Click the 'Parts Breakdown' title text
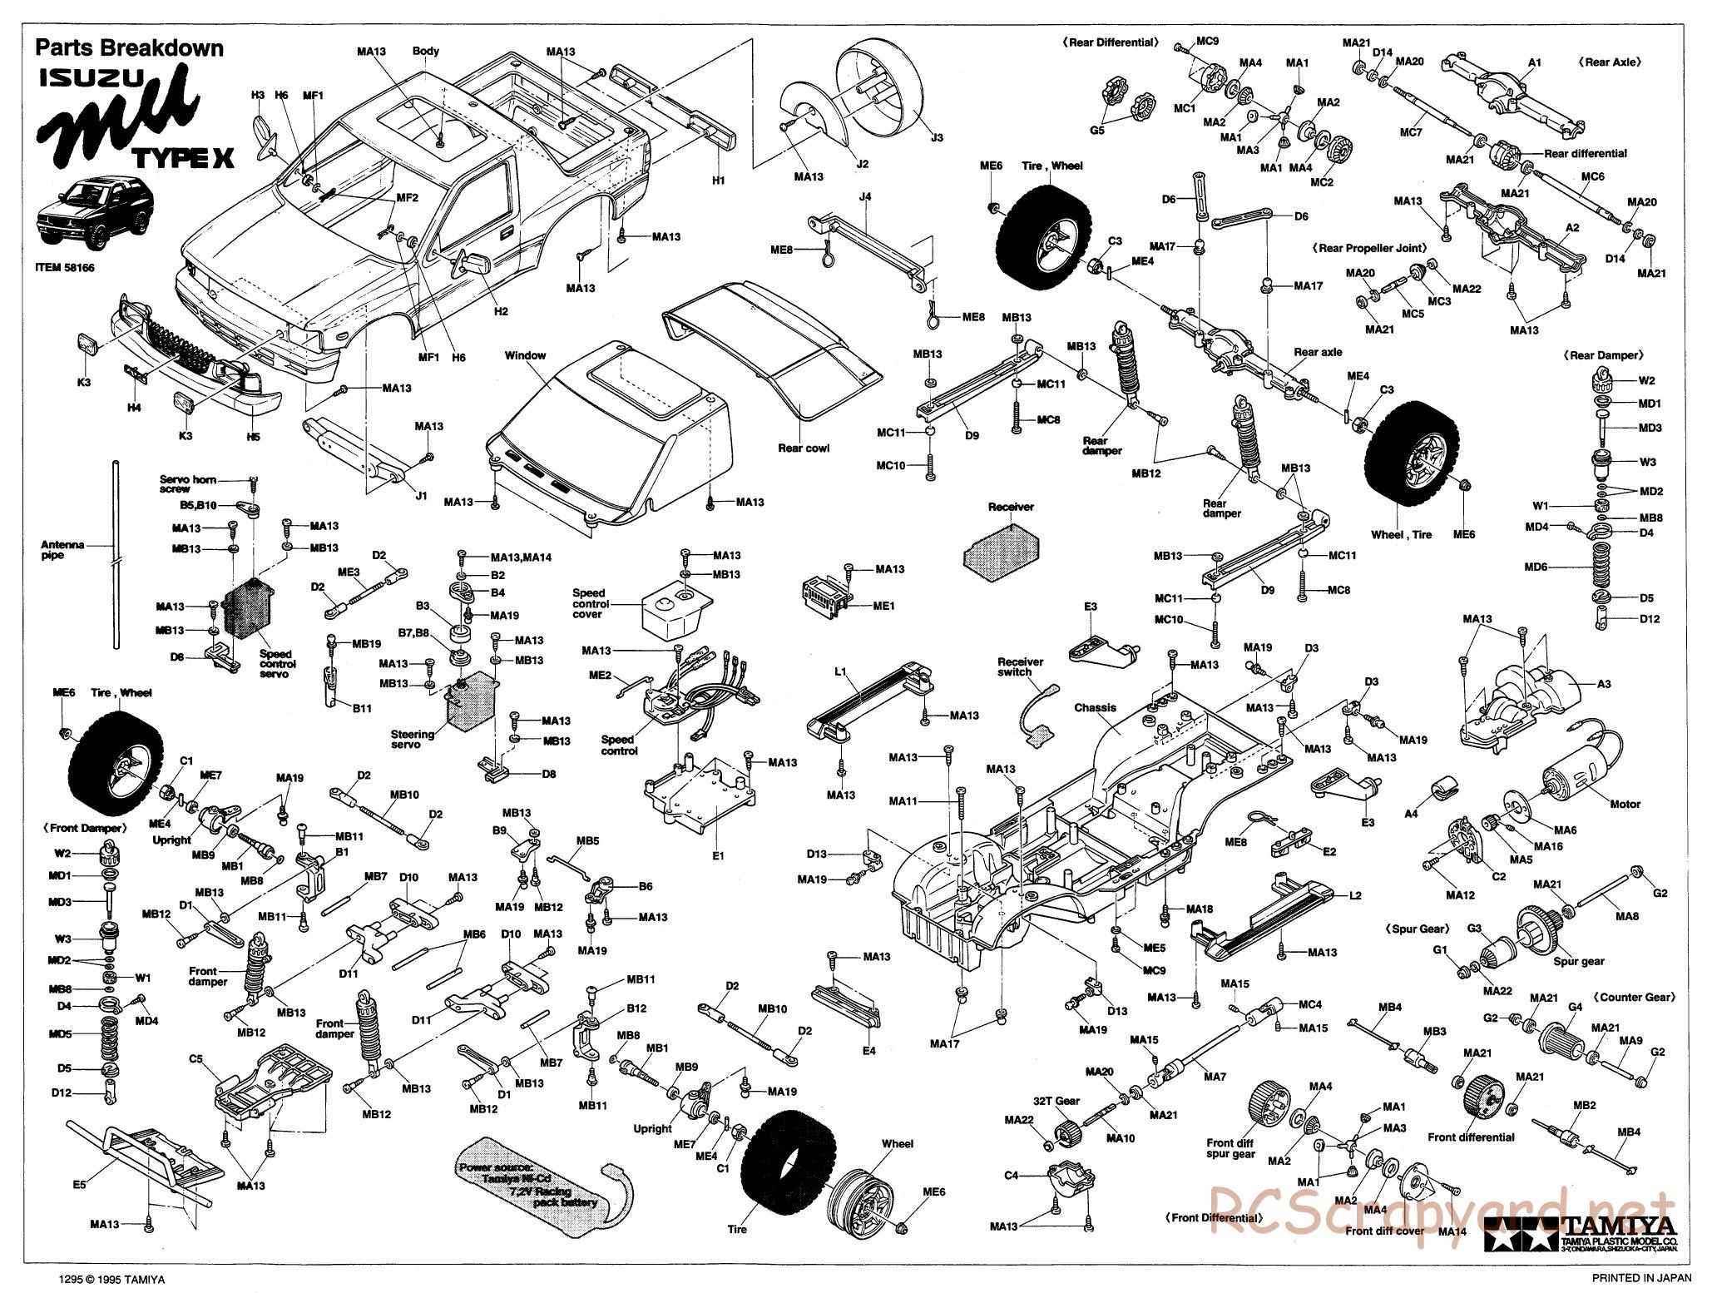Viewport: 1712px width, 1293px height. pos(129,47)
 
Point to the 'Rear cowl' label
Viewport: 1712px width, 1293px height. pos(804,448)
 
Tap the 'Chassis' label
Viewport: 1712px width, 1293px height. pos(1095,708)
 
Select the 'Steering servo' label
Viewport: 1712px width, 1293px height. pos(413,739)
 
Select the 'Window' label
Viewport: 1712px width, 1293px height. pos(525,355)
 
